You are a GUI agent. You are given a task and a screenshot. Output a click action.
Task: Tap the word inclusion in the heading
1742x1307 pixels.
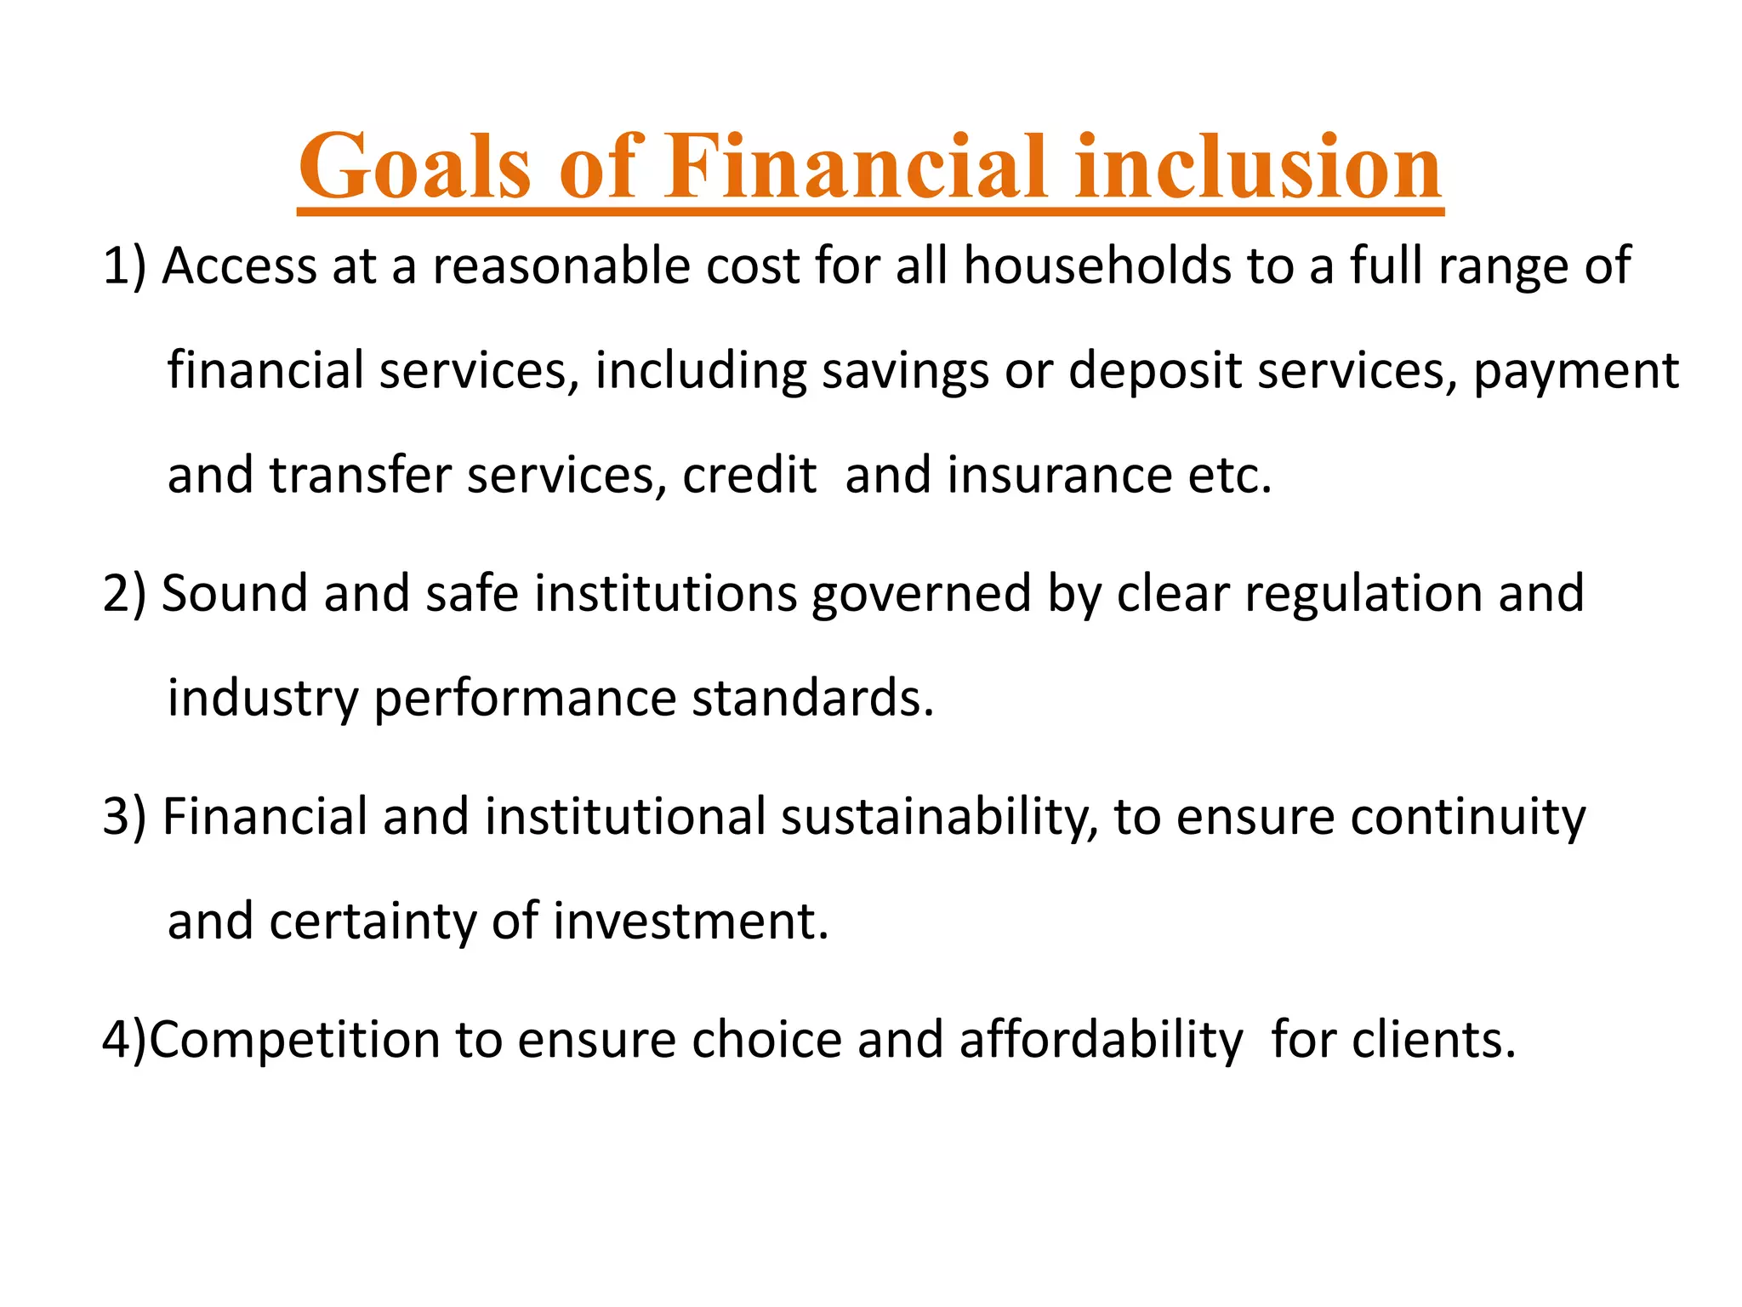click(x=1258, y=167)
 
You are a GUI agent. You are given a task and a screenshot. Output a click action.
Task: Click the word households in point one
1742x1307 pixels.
click(x=1097, y=266)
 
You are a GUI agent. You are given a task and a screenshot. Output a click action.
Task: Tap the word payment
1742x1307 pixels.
click(x=1575, y=373)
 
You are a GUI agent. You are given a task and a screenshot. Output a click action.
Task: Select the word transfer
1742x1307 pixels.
click(x=360, y=476)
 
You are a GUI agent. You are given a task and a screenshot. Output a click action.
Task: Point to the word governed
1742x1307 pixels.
click(x=921, y=594)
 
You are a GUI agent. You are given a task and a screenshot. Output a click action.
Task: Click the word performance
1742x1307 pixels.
click(x=525, y=699)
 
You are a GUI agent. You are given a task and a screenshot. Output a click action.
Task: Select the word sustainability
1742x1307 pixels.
click(x=939, y=817)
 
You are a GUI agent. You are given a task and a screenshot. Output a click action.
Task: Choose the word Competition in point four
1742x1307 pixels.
click(x=294, y=1040)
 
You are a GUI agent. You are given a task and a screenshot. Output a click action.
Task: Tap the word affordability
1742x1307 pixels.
click(x=1101, y=1040)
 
